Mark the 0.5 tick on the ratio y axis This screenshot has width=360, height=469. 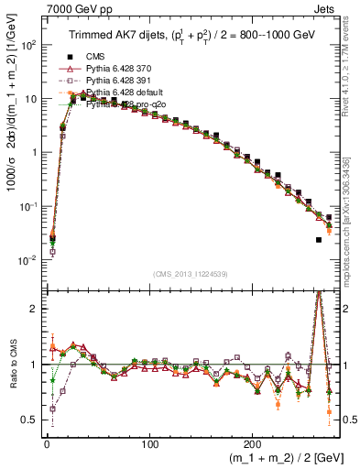point(27,420)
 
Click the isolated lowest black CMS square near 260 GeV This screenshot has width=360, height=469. point(319,240)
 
